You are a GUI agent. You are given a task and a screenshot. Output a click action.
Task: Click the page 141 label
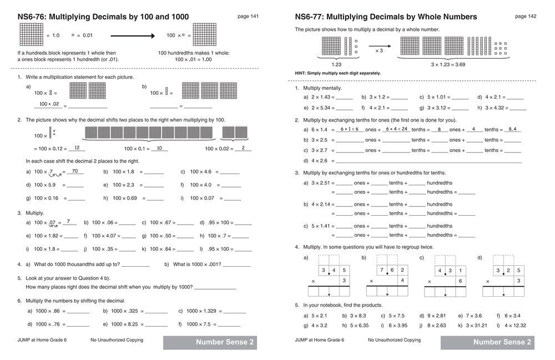(248, 17)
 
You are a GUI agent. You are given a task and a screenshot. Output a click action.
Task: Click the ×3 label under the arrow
(379, 50)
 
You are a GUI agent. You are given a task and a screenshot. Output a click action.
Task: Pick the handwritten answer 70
(75, 171)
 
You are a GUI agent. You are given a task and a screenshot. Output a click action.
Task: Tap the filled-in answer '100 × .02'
(48, 104)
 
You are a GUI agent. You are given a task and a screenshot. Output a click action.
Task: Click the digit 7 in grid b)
(381, 271)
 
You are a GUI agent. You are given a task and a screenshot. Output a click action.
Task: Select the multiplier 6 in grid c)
(460, 281)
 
